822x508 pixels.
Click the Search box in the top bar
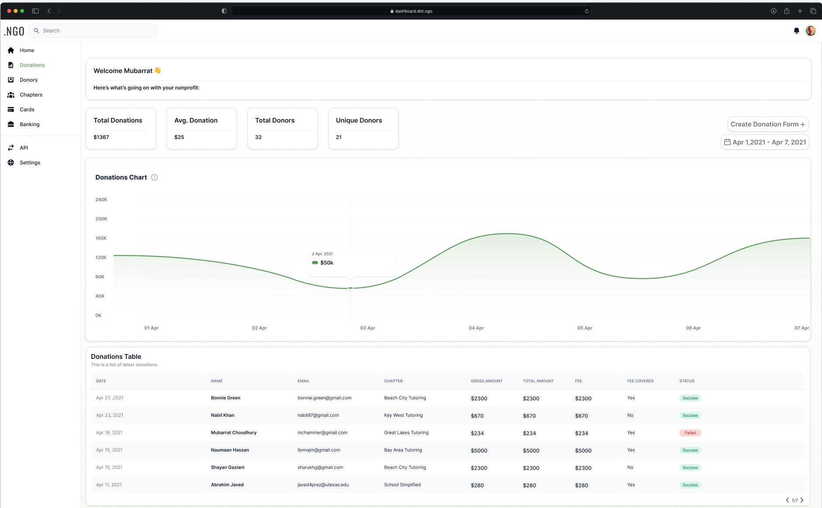tap(93, 31)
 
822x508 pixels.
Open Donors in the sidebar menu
tap(28, 80)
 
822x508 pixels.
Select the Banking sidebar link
tap(29, 124)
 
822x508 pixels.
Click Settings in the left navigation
tap(30, 163)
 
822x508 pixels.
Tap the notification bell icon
tap(796, 31)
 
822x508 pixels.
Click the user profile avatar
tap(811, 31)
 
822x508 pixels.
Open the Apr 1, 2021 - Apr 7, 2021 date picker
tap(765, 142)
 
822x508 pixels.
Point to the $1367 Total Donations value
tap(101, 137)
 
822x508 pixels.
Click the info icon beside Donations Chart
tap(154, 177)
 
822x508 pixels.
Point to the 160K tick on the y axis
tap(101, 238)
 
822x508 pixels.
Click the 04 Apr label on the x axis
tap(476, 328)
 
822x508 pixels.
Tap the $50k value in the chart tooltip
tap(327, 263)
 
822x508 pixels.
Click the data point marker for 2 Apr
tap(351, 288)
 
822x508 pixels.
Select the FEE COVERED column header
tap(640, 381)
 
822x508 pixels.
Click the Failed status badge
tap(690, 433)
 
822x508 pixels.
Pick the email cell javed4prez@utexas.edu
tap(323, 485)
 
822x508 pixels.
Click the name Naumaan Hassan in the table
tap(230, 450)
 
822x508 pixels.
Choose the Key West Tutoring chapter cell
tap(403, 415)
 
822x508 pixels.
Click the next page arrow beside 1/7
tap(802, 500)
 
